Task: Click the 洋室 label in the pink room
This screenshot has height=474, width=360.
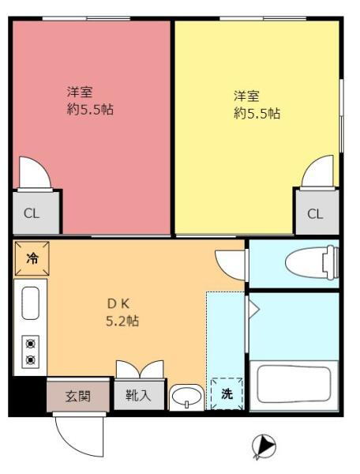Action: pos(79,92)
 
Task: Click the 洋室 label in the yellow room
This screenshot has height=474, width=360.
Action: pos(246,96)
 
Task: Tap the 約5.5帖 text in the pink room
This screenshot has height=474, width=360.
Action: pos(89,110)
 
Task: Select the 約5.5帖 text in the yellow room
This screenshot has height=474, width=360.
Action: pos(256,114)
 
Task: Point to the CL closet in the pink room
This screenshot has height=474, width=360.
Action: pos(31,213)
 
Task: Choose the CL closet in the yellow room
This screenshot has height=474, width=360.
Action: pos(314,213)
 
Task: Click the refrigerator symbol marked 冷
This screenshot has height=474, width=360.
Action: pos(32,258)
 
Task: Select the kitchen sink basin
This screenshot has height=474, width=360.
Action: pos(30,303)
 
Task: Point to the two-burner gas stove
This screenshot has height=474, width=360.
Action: pos(31,352)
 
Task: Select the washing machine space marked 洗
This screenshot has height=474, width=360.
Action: pos(227,393)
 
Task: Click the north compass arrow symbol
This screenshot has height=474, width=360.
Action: pos(264,446)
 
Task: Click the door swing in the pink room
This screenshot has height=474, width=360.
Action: pos(34,172)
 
